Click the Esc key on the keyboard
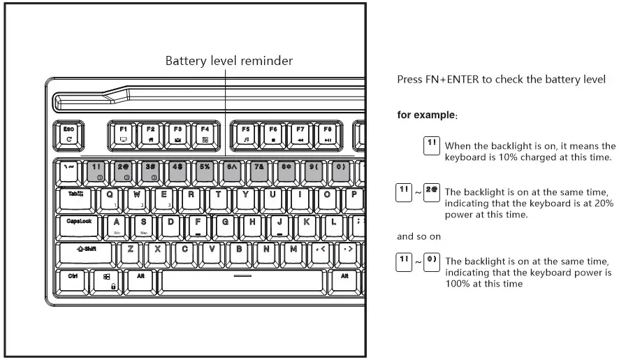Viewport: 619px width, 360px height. coord(68,134)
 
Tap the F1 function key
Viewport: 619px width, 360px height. coord(123,134)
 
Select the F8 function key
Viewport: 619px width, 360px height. coord(327,134)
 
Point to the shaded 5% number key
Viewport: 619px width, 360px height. coord(204,171)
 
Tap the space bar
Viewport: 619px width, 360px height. coord(242,280)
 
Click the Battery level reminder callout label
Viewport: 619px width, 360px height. coord(228,61)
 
